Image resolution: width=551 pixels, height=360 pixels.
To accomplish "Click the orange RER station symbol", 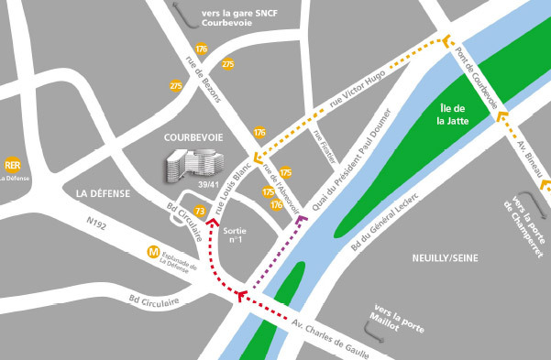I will point(13,165).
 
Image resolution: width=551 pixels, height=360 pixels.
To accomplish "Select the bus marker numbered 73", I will point(199,213).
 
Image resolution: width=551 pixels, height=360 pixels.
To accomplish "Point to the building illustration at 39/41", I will point(189,166).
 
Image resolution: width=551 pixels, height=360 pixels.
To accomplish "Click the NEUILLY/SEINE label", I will point(446,259).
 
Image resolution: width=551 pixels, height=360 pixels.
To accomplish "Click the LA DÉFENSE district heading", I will point(104,193).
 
